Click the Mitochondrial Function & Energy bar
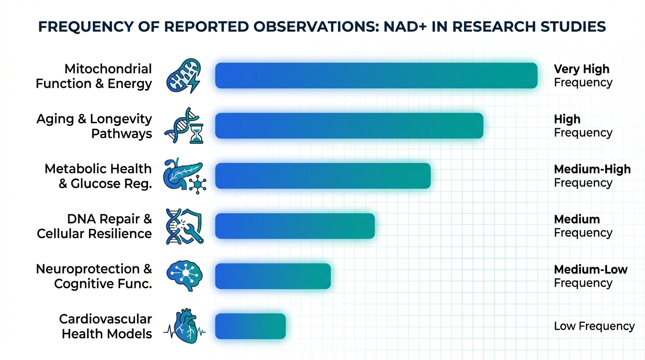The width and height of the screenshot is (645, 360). (376, 75)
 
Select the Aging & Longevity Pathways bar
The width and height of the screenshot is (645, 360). (349, 126)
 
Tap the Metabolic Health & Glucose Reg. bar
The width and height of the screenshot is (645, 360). (322, 176)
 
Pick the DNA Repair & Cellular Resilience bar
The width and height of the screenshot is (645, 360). (295, 226)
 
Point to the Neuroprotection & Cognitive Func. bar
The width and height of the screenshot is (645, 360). (273, 276)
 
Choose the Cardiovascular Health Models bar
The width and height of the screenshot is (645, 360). (250, 326)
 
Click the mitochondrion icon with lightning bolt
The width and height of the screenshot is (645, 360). (184, 75)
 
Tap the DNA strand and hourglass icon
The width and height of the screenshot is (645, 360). (183, 126)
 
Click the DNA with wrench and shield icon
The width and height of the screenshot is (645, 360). (184, 226)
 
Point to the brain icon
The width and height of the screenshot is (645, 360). (185, 276)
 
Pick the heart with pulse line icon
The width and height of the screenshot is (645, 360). (184, 326)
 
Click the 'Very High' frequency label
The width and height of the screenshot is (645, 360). (582, 69)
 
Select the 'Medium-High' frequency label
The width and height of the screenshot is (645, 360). (592, 169)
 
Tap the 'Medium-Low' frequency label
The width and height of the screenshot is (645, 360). (591, 270)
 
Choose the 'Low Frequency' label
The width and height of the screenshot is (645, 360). (594, 326)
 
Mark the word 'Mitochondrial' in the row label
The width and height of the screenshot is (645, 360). (108, 69)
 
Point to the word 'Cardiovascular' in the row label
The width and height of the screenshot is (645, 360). (105, 319)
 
